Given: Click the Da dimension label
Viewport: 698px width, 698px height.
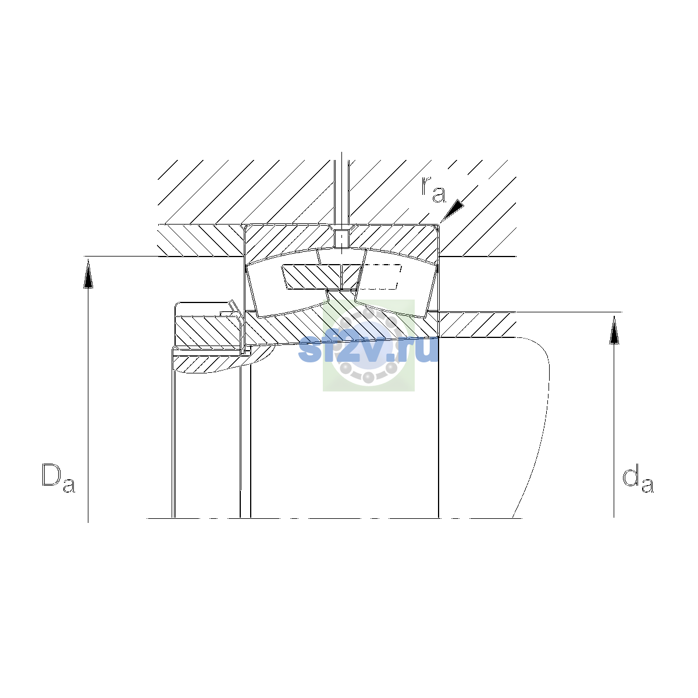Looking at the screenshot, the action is click(x=58, y=478).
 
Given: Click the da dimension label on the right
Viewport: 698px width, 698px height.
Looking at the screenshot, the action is click(x=638, y=480).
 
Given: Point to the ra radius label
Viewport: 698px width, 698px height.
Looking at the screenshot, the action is click(x=433, y=190).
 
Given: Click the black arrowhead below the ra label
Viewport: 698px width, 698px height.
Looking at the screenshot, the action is click(x=453, y=210).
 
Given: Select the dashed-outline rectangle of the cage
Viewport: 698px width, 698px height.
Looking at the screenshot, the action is click(x=380, y=277).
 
